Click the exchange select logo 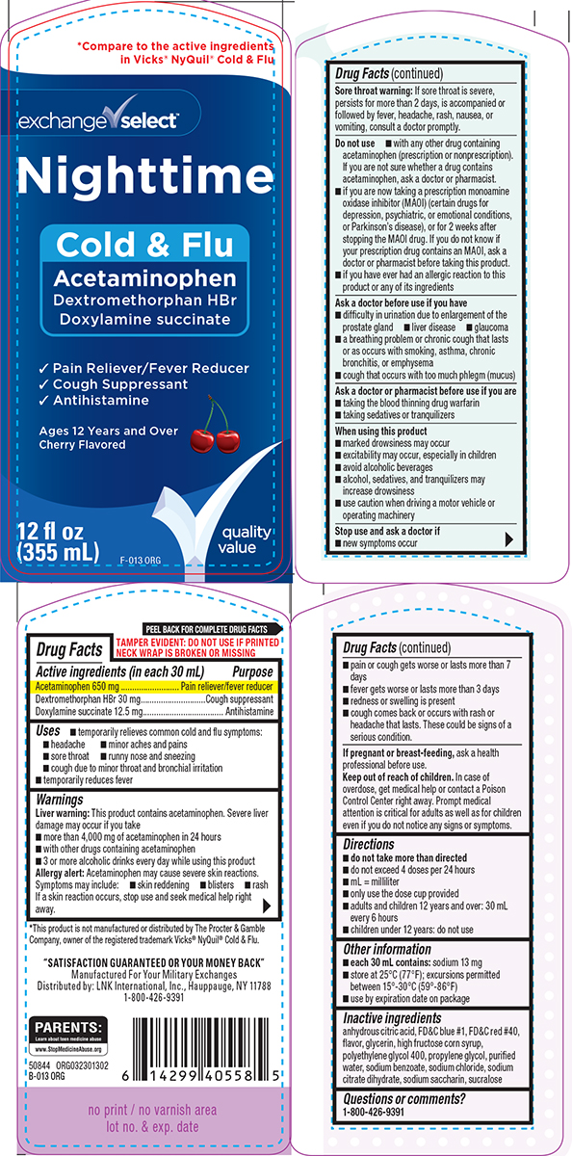click(99, 120)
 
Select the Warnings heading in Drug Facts click(60, 800)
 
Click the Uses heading click(48, 731)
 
